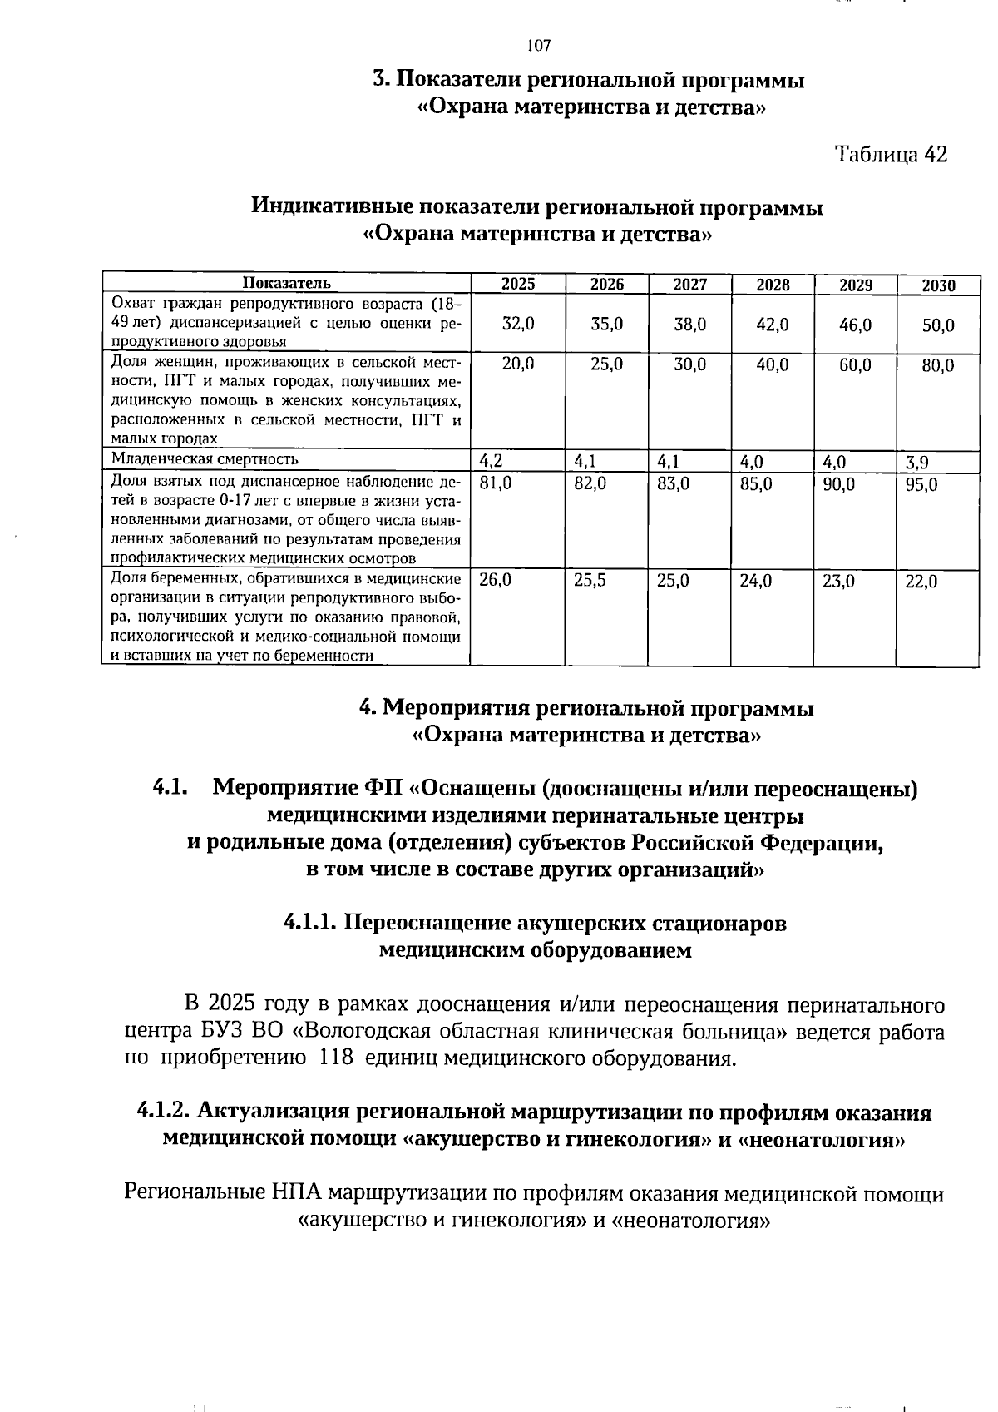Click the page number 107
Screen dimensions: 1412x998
[539, 45]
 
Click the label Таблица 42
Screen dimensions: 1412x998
[891, 155]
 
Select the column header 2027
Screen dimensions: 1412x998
[689, 285]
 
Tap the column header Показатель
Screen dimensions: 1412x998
[286, 284]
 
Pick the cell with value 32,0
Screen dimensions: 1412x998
[518, 325]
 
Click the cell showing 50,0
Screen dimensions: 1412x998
[938, 325]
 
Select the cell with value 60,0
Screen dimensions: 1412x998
[855, 364]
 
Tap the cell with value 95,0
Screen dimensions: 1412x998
[921, 484]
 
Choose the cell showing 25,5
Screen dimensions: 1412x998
[590, 581]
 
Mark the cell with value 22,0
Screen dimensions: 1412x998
[921, 582]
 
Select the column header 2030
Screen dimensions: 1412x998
[938, 285]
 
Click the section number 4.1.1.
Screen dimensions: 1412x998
[310, 923]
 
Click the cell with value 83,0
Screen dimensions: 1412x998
[673, 483]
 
